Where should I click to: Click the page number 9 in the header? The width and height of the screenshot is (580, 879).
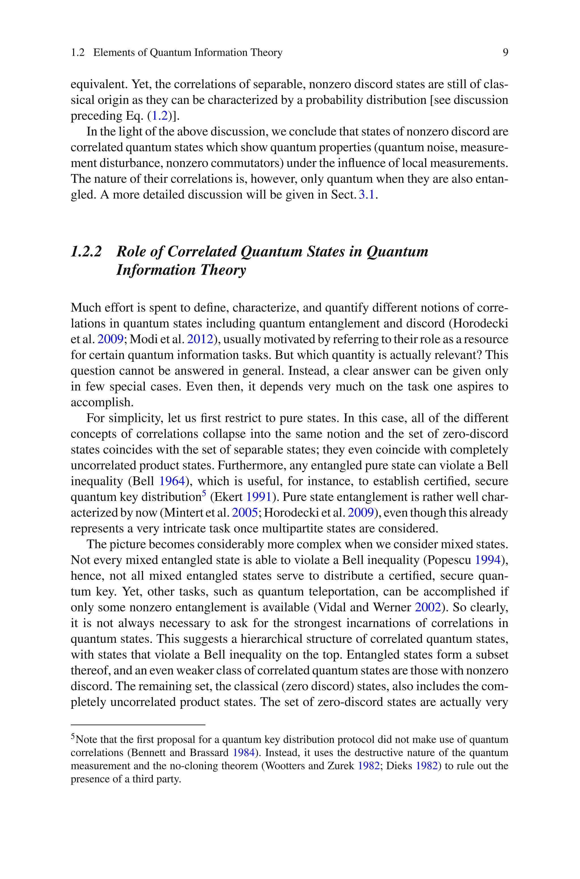coord(505,53)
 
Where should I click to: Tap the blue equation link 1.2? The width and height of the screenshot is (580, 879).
coord(160,116)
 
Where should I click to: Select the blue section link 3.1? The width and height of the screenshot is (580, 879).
coord(367,195)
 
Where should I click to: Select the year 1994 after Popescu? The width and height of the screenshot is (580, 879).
coord(487,560)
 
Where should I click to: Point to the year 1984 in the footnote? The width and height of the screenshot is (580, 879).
coord(244,753)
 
